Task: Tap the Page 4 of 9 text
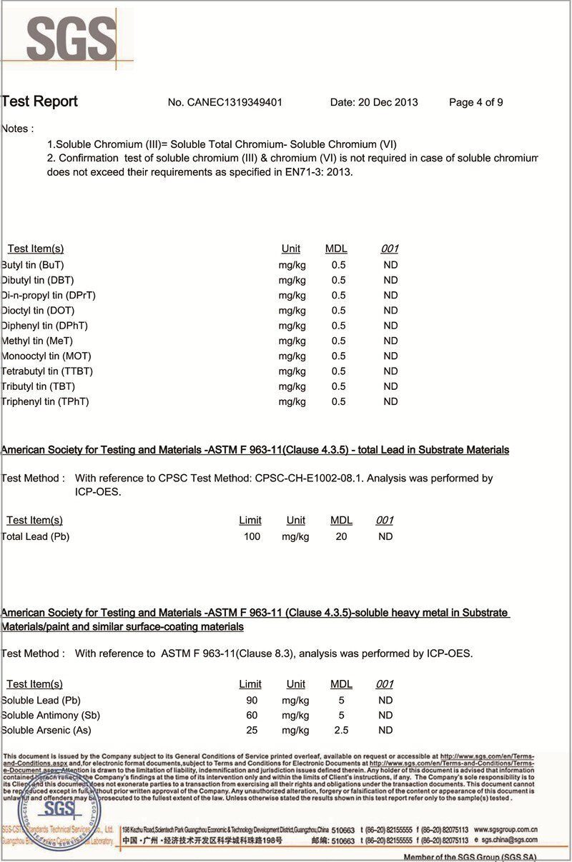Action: click(475, 102)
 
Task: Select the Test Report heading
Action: click(39, 101)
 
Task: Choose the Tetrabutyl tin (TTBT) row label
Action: click(47, 371)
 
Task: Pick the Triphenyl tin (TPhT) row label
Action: click(45, 401)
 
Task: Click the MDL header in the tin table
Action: click(336, 249)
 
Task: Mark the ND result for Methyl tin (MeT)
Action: click(390, 341)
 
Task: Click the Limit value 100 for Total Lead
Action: click(252, 536)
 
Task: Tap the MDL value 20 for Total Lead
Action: click(341, 536)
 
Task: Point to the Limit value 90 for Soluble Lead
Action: click(252, 701)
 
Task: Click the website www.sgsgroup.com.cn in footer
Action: click(506, 830)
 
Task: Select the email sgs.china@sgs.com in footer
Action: click(508, 841)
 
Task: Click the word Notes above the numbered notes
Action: click(17, 129)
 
